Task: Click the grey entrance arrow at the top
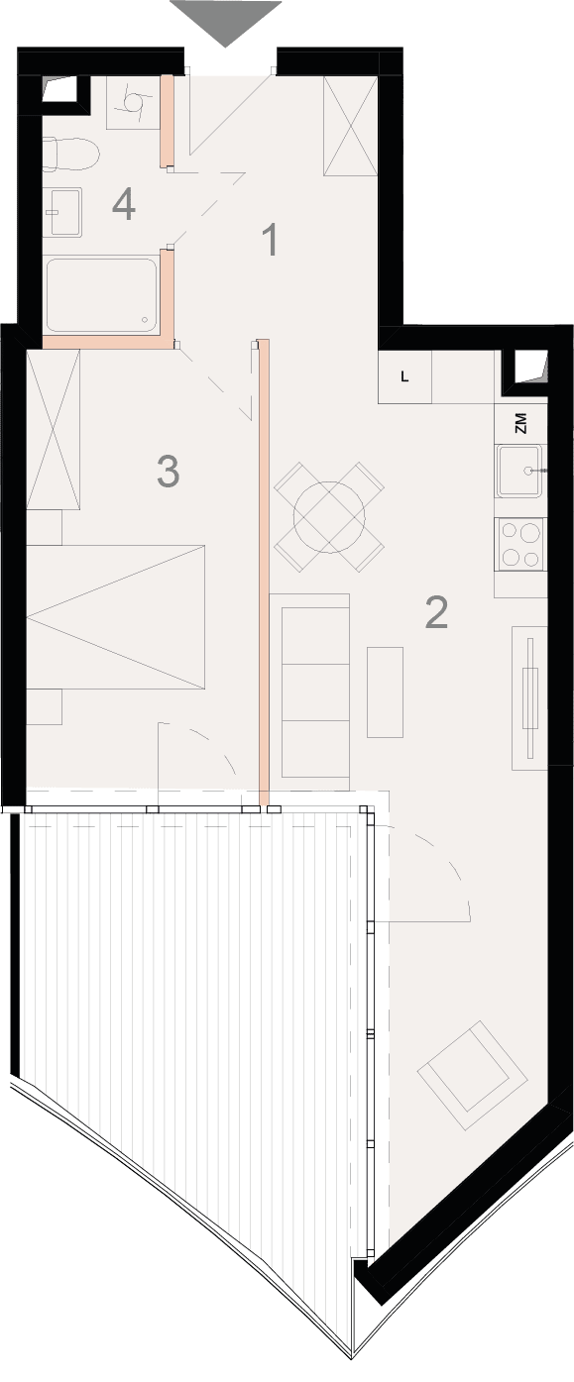[226, 19]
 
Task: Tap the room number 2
[436, 612]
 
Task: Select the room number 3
[168, 471]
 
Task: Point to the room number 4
[124, 204]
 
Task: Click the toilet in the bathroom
[71, 154]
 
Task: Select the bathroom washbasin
[63, 211]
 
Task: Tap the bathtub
[101, 295]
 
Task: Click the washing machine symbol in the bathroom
[133, 102]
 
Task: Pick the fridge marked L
[404, 377]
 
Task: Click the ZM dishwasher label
[521, 424]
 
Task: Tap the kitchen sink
[520, 471]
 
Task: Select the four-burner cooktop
[520, 544]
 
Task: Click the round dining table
[329, 517]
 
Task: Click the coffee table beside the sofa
[385, 691]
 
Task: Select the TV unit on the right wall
[529, 697]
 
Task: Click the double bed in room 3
[115, 616]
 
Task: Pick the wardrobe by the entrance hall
[351, 127]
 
